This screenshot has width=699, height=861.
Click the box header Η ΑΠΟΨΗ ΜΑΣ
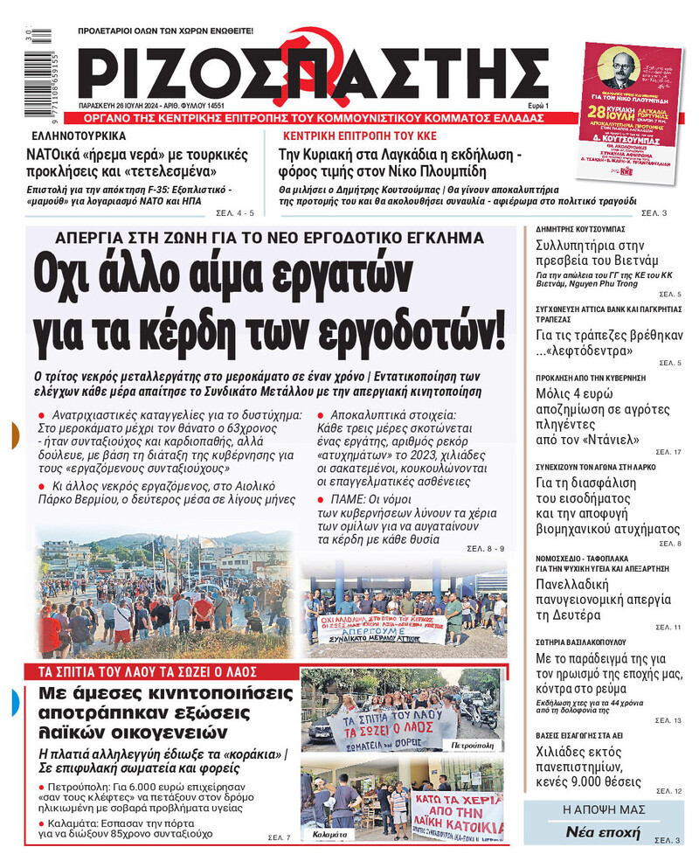coord(598,809)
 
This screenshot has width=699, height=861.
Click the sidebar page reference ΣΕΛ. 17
coord(666,452)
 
